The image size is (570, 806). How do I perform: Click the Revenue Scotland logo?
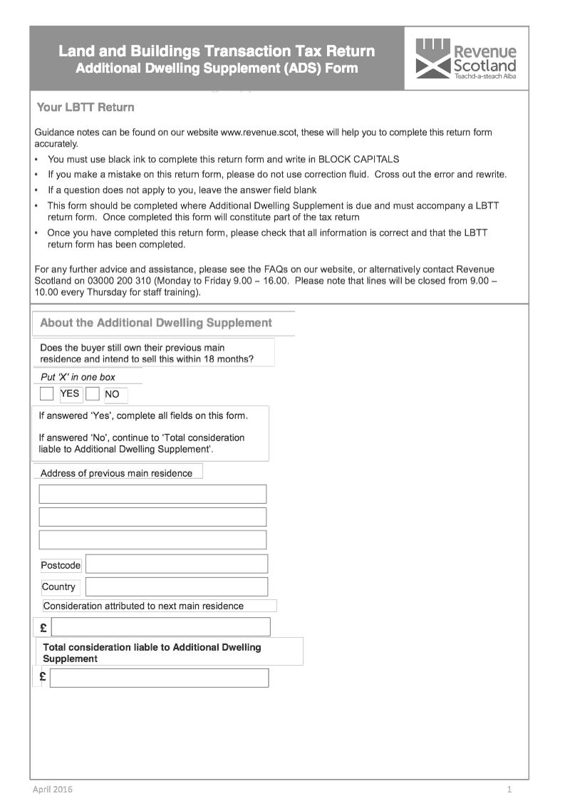click(466, 58)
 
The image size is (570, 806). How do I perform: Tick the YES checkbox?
click(47, 393)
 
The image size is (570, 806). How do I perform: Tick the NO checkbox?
click(93, 393)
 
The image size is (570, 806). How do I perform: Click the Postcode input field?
click(177, 564)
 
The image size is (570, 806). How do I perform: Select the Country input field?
click(177, 587)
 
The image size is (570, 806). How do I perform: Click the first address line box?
click(152, 494)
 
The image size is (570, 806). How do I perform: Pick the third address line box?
click(152, 539)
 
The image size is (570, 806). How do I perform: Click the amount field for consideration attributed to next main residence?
click(161, 627)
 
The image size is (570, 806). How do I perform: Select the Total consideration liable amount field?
click(159, 678)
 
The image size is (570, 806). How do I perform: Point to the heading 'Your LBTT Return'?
click(85, 108)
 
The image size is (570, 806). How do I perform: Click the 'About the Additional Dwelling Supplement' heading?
click(156, 323)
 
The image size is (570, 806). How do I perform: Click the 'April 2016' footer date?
click(53, 789)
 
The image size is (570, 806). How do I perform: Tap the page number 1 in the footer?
click(509, 789)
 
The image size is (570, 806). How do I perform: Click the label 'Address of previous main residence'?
click(116, 473)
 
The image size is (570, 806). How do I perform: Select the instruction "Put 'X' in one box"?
click(78, 377)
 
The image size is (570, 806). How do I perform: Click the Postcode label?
click(61, 565)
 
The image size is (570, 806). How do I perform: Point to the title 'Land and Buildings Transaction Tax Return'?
click(217, 51)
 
